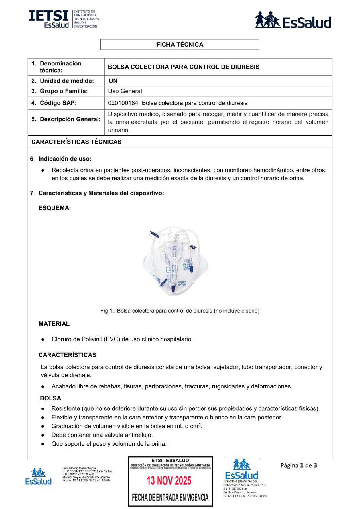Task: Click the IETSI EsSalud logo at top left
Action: pyautogui.click(x=64, y=19)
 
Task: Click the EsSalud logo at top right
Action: pyautogui.click(x=293, y=20)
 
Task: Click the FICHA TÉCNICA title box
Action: pyautogui.click(x=180, y=45)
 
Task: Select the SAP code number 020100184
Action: pyautogui.click(x=123, y=103)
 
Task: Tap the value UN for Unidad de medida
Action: pyautogui.click(x=113, y=81)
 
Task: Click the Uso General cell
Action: pyautogui.click(x=125, y=91)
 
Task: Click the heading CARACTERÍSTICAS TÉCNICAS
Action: pyautogui.click(x=76, y=142)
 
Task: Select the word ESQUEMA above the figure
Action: pyautogui.click(x=54, y=208)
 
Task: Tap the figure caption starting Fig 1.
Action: pyautogui.click(x=180, y=311)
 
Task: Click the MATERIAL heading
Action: pyautogui.click(x=54, y=324)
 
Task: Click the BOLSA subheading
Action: pyautogui.click(x=50, y=398)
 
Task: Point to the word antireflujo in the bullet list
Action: pyautogui.click(x=138, y=435)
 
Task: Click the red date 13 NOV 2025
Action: pyautogui.click(x=169, y=480)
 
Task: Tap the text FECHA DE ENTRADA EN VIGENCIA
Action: pyautogui.click(x=170, y=497)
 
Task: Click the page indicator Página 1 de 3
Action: pyautogui.click(x=298, y=465)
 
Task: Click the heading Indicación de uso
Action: pyautogui.click(x=65, y=159)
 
